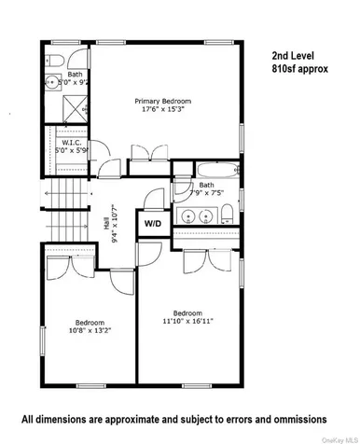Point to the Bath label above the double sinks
pyautogui.click(x=206, y=185)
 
